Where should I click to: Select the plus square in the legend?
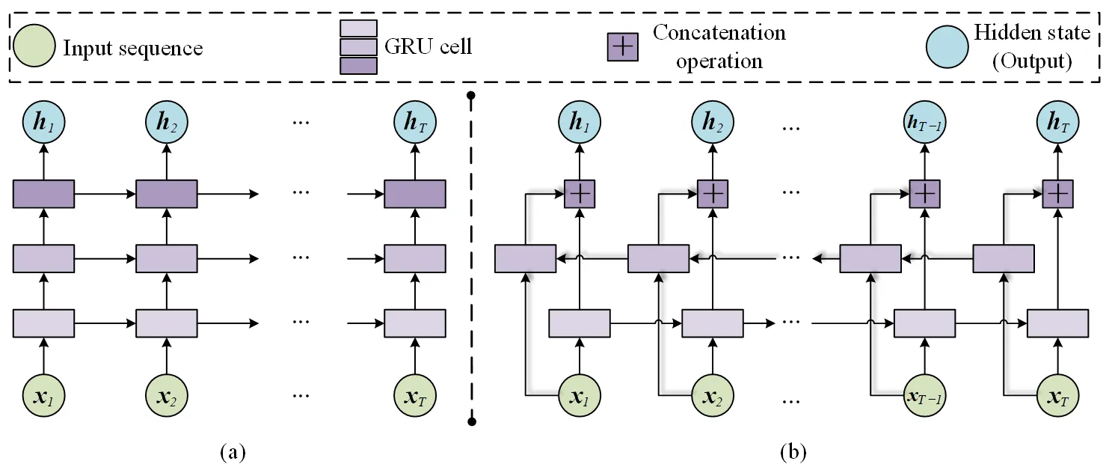[x=622, y=46]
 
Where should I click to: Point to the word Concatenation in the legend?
[x=719, y=33]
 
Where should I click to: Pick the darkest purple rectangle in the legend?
[x=358, y=66]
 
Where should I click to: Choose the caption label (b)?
[x=793, y=452]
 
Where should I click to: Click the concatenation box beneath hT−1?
[x=925, y=193]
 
